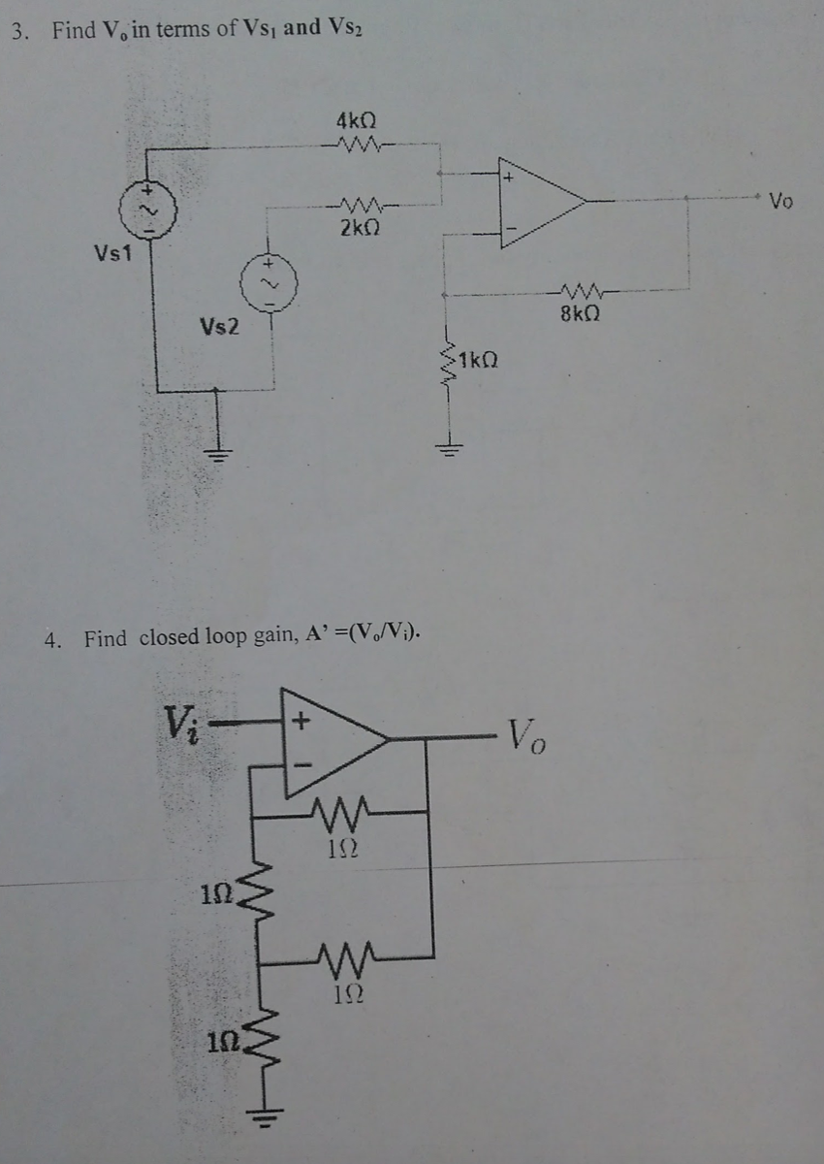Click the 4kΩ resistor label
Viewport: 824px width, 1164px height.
tap(356, 122)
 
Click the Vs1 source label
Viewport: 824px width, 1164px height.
tap(114, 253)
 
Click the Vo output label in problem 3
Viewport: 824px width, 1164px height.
tap(780, 203)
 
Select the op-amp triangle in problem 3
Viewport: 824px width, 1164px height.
tap(538, 202)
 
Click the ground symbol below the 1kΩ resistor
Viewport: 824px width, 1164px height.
tap(449, 447)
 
